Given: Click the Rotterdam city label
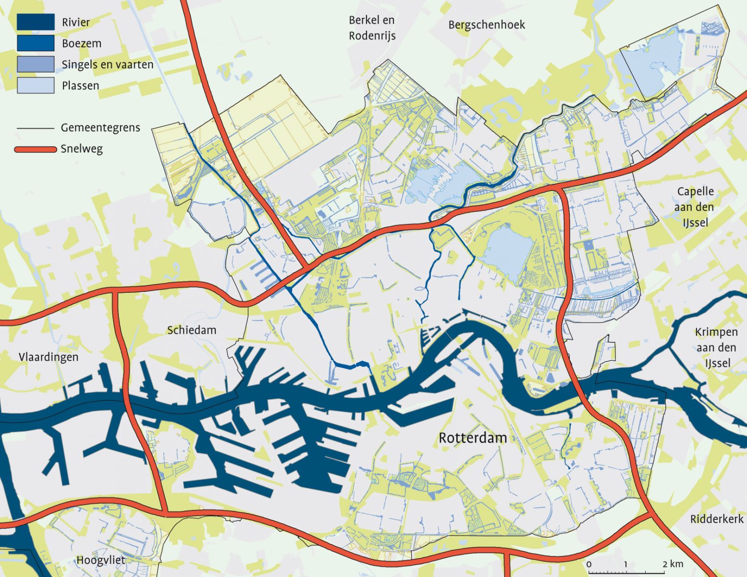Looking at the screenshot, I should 473,438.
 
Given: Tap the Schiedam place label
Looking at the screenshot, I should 192,330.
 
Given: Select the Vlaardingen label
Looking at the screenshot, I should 48,357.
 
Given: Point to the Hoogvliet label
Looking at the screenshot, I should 100,560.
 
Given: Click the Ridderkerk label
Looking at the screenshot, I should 716,519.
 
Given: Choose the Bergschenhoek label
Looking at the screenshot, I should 486,25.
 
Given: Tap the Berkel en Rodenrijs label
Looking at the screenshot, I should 372,28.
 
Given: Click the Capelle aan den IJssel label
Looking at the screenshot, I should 695,207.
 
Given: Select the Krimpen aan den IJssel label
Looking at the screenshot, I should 716,347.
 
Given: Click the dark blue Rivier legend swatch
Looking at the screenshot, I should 36,22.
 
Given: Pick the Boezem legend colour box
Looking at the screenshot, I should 36,43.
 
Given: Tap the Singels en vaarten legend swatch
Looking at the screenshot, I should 36,64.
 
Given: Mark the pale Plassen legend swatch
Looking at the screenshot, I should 36,86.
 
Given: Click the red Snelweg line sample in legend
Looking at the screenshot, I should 36,149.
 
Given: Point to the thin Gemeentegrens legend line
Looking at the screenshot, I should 36,128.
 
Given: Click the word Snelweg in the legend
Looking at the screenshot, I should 82,149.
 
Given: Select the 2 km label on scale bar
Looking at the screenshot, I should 673,564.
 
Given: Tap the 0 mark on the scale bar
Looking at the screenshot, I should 589,564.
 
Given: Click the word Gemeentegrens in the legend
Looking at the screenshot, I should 100,128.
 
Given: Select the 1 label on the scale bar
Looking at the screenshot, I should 626,564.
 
